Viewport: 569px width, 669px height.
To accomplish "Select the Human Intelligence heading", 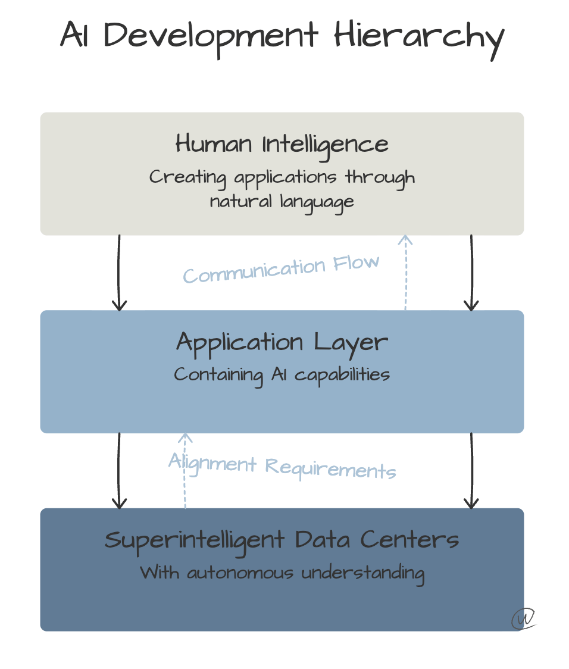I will tap(282, 144).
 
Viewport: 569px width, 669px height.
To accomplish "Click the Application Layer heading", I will tap(282, 342).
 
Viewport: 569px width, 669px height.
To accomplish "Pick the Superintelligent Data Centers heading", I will tap(282, 540).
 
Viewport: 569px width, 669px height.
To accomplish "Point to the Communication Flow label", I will tap(281, 269).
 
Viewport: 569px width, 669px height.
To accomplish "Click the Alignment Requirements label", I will tap(282, 466).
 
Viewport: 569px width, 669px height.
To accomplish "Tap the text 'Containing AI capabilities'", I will tap(282, 375).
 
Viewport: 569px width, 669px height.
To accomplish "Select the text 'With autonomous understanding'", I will tap(282, 573).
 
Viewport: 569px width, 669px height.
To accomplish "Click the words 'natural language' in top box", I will tap(282, 201).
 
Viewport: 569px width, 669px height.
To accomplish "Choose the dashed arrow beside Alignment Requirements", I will tap(186, 470).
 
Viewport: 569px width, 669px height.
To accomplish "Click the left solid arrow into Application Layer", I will tap(120, 273).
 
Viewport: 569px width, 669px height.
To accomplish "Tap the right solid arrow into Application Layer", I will tap(471, 273).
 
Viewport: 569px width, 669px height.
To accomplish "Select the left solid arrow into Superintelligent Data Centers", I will tap(120, 470).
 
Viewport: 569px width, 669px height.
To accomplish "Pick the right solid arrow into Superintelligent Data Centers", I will tap(471, 470).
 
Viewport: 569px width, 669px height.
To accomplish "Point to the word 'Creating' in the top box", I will tap(179, 177).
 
